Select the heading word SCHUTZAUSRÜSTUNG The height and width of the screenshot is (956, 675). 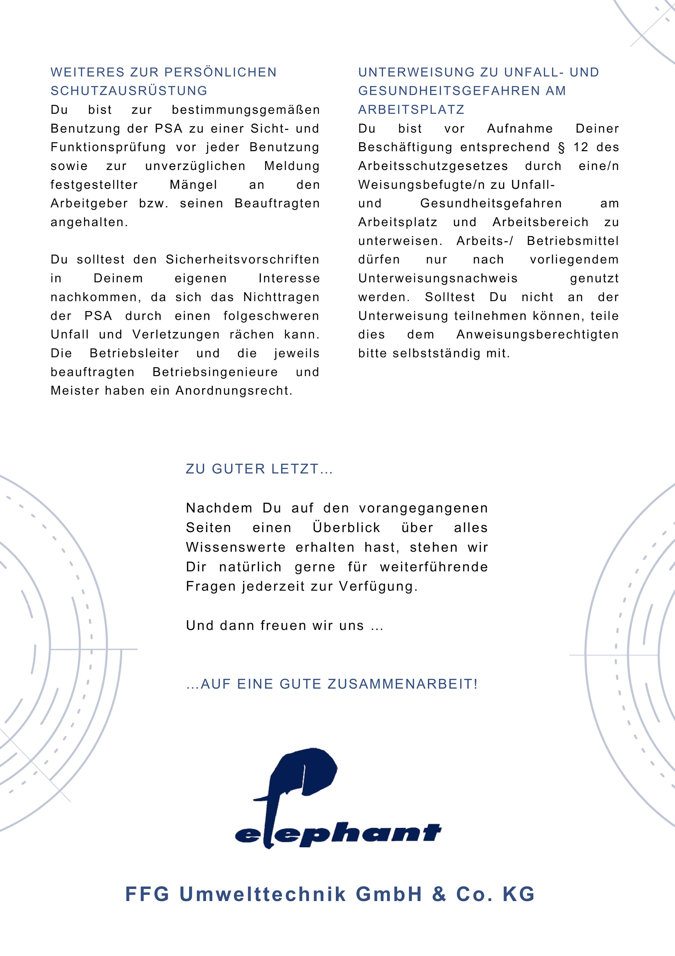pyautogui.click(x=129, y=91)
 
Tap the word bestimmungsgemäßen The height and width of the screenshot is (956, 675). pyautogui.click(x=246, y=110)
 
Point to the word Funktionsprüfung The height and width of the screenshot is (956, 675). pyautogui.click(x=108, y=147)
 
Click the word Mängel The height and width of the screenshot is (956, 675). pyautogui.click(x=193, y=185)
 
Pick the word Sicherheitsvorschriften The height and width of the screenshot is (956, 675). pyautogui.click(x=242, y=260)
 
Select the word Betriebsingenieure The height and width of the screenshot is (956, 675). pyautogui.click(x=215, y=372)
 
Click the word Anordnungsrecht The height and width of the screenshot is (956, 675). pyautogui.click(x=234, y=391)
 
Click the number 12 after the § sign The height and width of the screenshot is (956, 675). pyautogui.click(x=581, y=147)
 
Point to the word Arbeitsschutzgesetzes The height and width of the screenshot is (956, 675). pyautogui.click(x=433, y=166)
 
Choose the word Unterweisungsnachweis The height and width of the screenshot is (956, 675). pyautogui.click(x=438, y=278)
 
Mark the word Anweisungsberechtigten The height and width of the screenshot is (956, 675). pyautogui.click(x=537, y=335)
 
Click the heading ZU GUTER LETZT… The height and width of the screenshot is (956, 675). pyautogui.click(x=259, y=469)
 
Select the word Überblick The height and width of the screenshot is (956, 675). pyautogui.click(x=346, y=528)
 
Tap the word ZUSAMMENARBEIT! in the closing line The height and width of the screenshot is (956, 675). pyautogui.click(x=403, y=684)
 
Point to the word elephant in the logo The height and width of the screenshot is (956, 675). pyautogui.click(x=338, y=833)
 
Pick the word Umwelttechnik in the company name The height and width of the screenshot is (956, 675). pyautogui.click(x=263, y=894)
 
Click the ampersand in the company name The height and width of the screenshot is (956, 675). pyautogui.click(x=439, y=894)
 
